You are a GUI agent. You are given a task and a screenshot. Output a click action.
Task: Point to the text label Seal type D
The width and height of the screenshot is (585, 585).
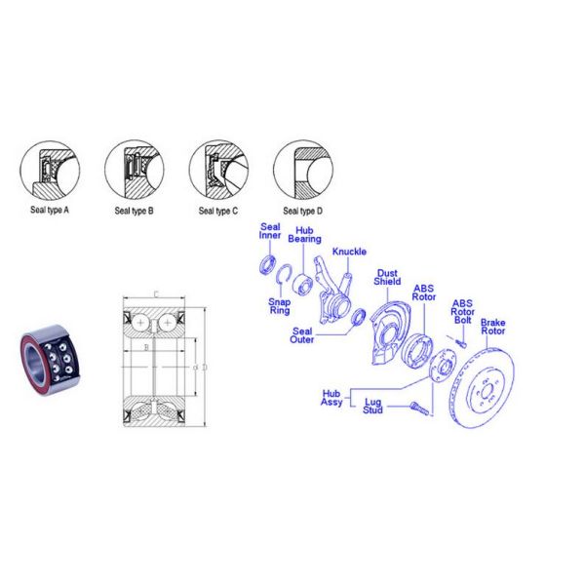(x=303, y=210)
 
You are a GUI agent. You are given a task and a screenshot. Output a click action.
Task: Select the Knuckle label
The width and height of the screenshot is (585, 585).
(x=350, y=252)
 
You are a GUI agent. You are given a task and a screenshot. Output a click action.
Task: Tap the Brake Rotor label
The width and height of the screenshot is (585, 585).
(x=493, y=326)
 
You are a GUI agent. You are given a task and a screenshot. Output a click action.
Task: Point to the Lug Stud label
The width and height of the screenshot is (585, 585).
(x=372, y=406)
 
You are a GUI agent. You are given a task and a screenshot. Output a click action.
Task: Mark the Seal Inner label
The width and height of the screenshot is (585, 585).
(x=270, y=230)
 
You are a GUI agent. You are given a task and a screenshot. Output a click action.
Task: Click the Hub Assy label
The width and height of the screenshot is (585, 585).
(x=331, y=397)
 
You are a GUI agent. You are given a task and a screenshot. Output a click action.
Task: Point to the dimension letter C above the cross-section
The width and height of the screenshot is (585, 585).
(x=154, y=293)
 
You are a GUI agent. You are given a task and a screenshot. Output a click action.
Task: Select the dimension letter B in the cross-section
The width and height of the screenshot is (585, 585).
(x=146, y=346)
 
